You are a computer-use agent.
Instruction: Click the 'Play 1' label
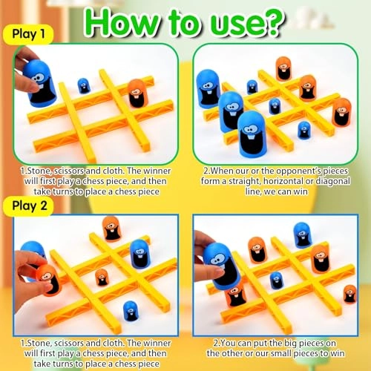28,34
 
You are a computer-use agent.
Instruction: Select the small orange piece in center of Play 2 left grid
101,278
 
